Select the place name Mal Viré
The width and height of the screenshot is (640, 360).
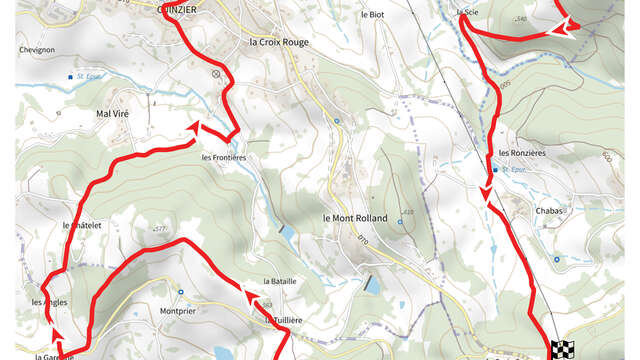(114, 114)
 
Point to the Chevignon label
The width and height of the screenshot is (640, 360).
(36, 48)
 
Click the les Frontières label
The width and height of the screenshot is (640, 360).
(223, 157)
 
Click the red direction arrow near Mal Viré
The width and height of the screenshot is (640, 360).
(195, 128)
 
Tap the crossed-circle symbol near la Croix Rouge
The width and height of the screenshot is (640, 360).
(216, 73)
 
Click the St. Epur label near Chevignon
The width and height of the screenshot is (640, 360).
(92, 76)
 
